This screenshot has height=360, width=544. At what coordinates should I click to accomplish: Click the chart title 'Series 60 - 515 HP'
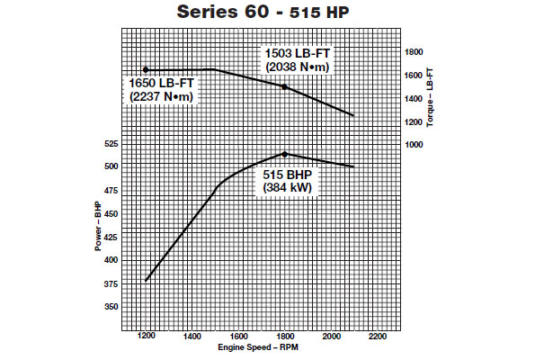click(x=272, y=13)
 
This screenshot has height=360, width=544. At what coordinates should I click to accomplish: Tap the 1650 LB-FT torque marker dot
click(x=146, y=69)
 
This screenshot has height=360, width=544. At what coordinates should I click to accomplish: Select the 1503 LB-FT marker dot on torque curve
click(x=284, y=86)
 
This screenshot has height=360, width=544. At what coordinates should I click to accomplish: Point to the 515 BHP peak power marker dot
click(x=284, y=154)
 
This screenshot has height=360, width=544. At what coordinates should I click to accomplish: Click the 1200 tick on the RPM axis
click(x=146, y=337)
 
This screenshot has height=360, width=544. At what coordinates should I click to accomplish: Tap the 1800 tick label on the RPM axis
click(x=284, y=337)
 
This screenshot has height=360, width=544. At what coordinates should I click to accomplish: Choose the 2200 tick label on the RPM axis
click(x=377, y=337)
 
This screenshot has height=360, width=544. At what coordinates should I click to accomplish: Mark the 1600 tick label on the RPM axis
click(x=238, y=337)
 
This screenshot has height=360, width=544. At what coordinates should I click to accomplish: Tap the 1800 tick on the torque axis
click(x=415, y=51)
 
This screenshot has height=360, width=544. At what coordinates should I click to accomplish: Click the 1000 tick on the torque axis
click(x=415, y=145)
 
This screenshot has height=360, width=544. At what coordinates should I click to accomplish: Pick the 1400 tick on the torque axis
click(x=415, y=98)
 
